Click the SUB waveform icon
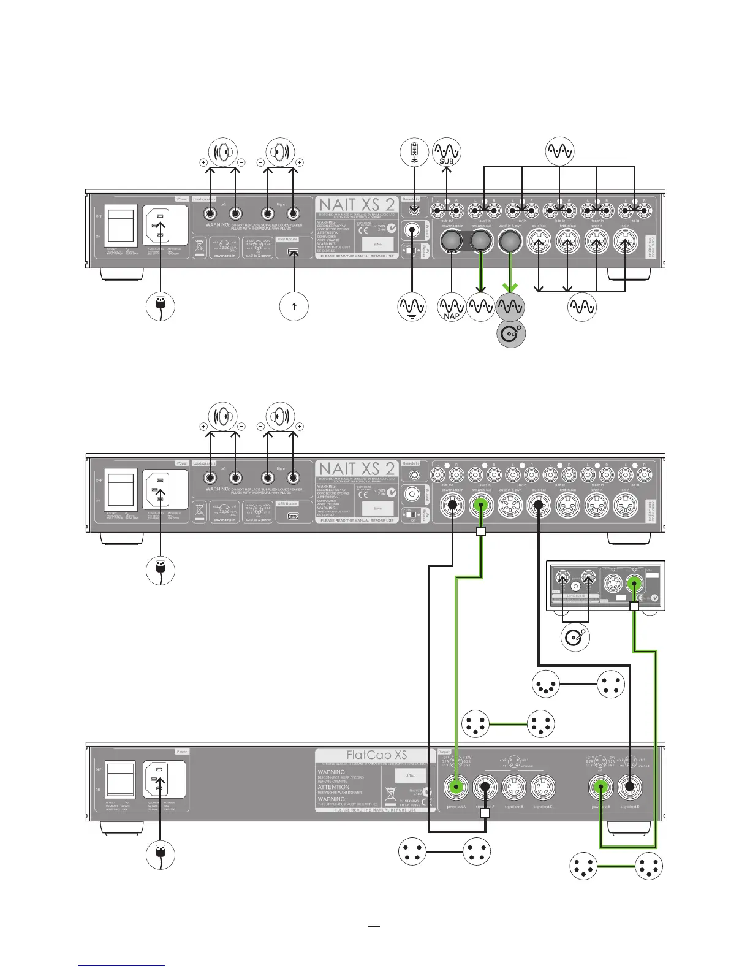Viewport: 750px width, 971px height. tap(447, 151)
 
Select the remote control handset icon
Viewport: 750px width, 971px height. tap(414, 151)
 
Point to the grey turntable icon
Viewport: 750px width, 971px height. tap(510, 333)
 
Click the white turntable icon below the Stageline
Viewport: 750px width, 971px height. tap(576, 637)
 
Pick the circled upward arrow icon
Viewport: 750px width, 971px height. tap(294, 307)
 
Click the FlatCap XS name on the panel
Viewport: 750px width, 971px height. tap(376, 755)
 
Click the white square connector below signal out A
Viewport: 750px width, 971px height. tap(485, 813)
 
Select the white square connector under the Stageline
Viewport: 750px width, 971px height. tap(634, 606)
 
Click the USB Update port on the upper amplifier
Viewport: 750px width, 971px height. tap(294, 252)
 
